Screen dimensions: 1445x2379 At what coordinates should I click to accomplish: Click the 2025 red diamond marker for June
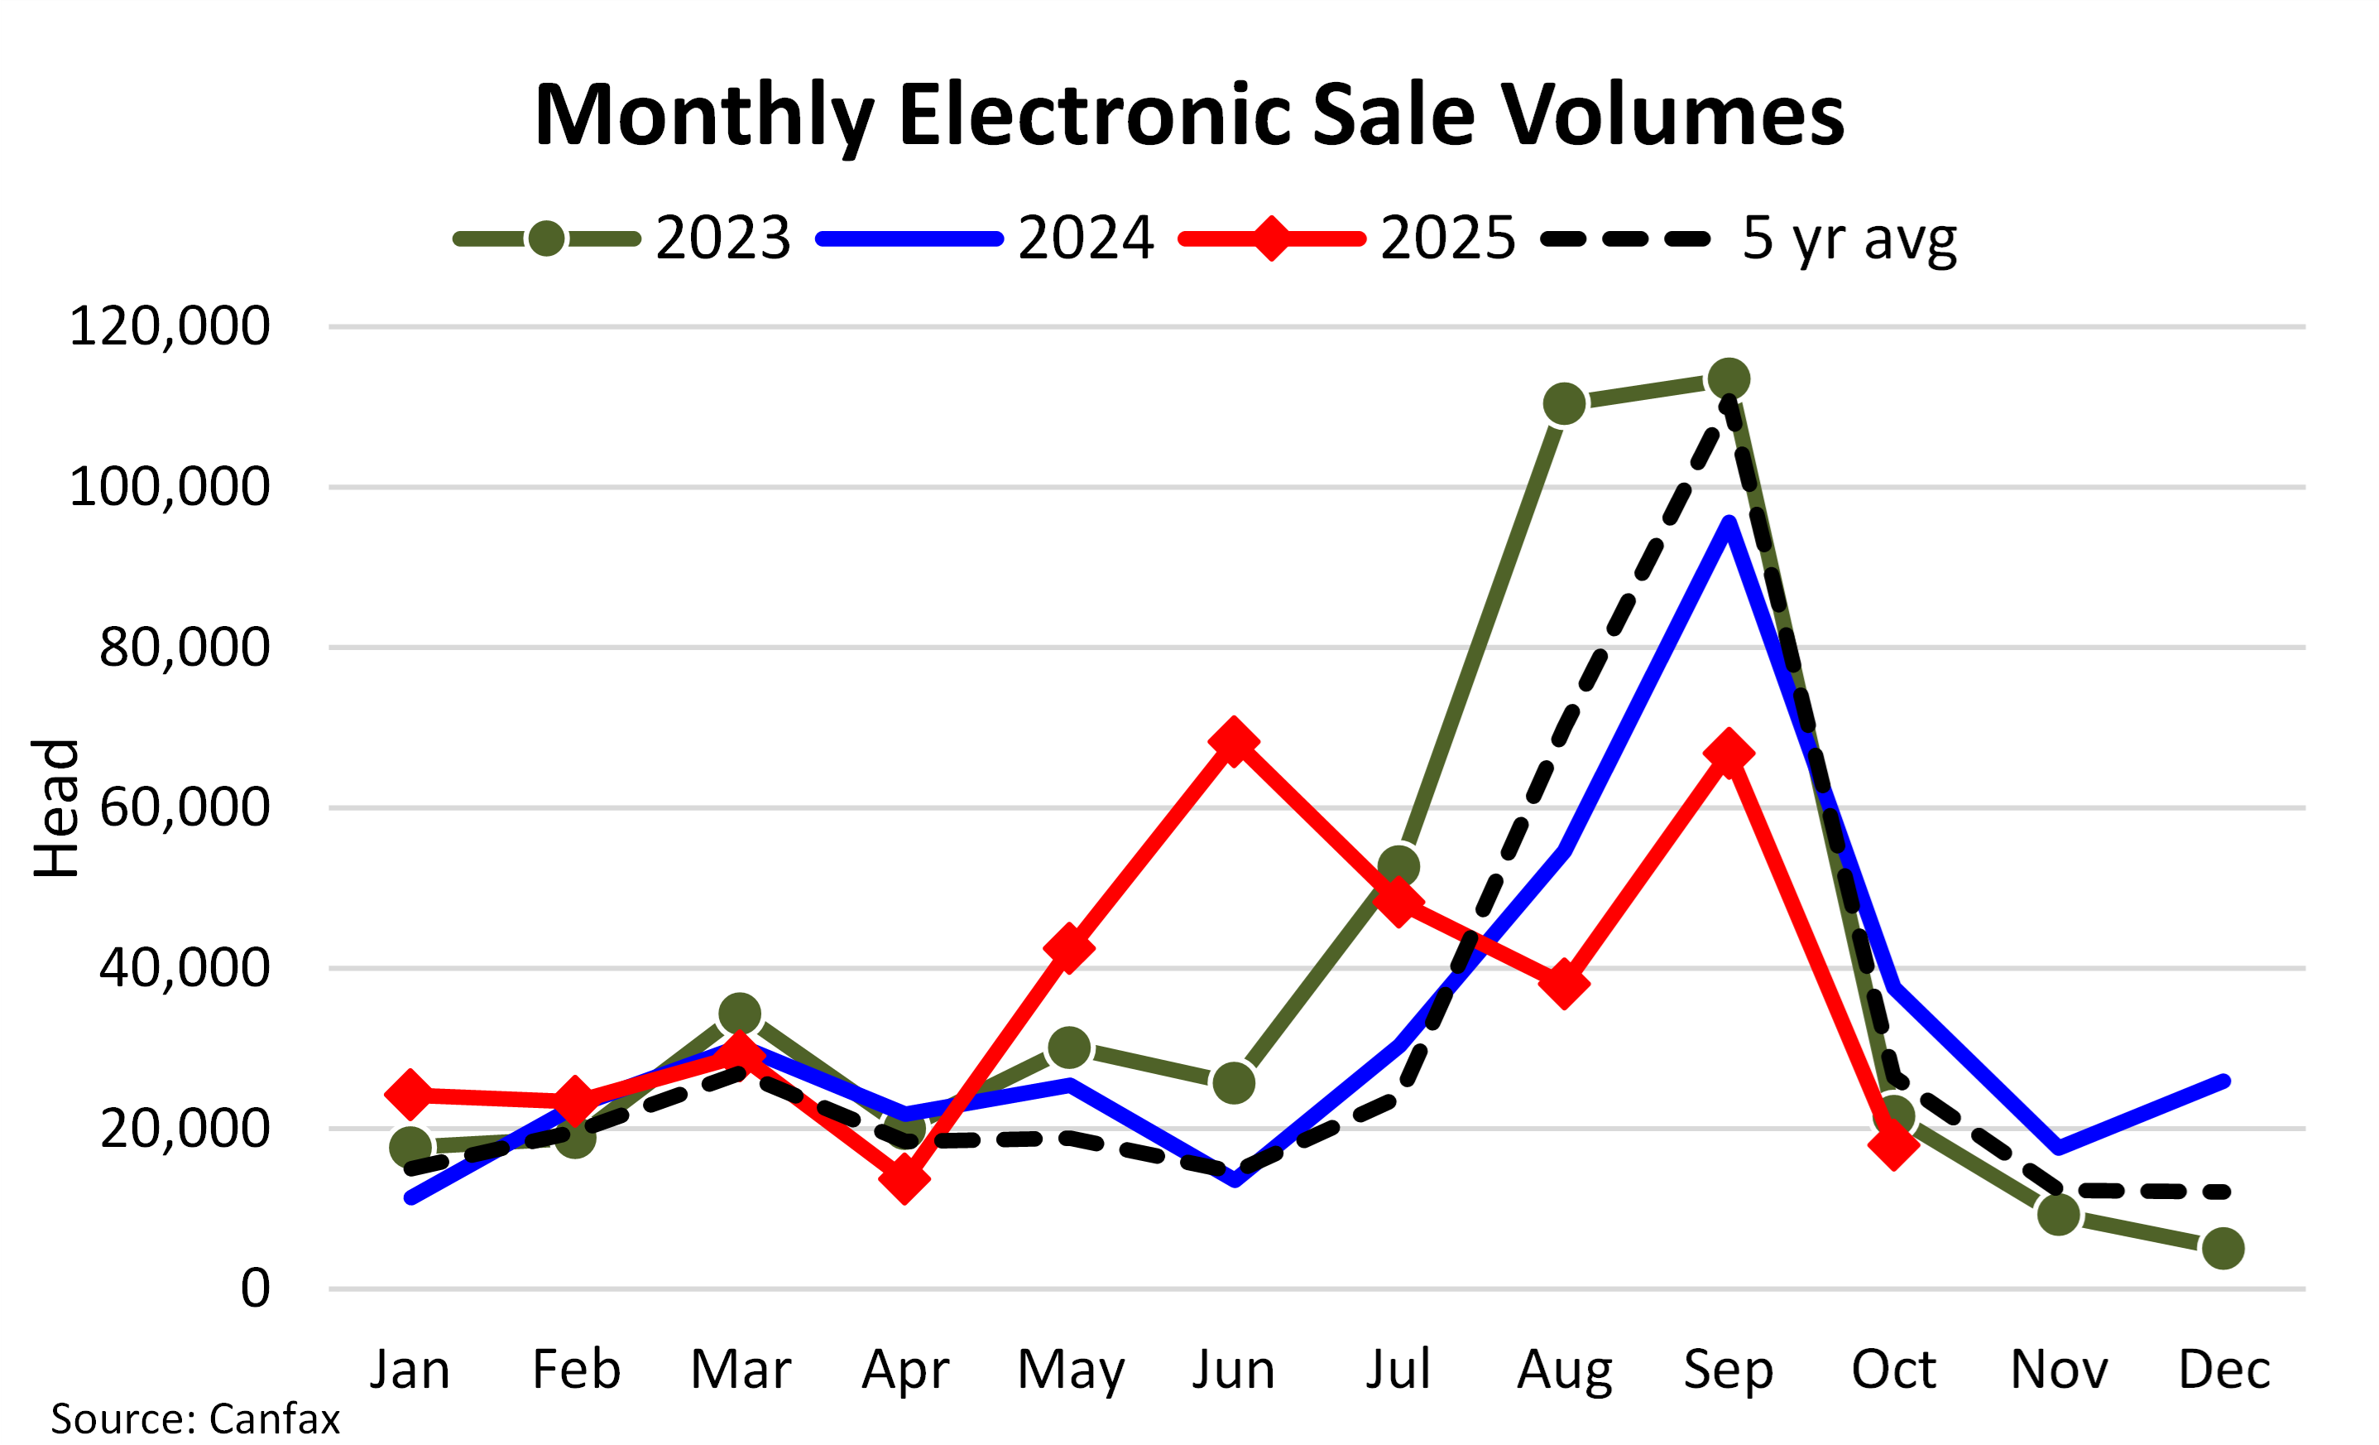[x=1233, y=742]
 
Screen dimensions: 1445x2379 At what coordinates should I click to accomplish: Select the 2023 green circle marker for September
[x=1729, y=379]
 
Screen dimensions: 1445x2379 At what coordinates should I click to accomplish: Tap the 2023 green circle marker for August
[x=1564, y=404]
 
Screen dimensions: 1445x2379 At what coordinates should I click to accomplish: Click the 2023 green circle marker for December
[x=2223, y=1249]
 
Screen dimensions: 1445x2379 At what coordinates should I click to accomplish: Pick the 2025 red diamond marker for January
[x=410, y=1095]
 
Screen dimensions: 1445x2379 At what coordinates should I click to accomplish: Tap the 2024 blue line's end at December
[x=2223, y=1081]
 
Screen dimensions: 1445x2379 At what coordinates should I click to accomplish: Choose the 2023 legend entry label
[x=722, y=238]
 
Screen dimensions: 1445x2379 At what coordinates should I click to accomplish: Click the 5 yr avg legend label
[x=1848, y=238]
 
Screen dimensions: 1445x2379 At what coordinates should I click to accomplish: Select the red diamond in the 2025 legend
[x=1272, y=238]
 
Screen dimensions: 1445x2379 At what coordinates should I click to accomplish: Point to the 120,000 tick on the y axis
[x=169, y=326]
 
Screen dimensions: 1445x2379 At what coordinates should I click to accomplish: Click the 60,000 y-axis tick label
[x=184, y=807]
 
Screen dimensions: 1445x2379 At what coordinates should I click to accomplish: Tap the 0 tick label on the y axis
[x=255, y=1288]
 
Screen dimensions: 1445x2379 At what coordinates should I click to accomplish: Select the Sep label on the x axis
[x=1729, y=1370]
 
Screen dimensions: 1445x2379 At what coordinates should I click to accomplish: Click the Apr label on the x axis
[x=904, y=1370]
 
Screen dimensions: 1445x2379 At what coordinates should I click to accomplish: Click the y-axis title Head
[x=56, y=807]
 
